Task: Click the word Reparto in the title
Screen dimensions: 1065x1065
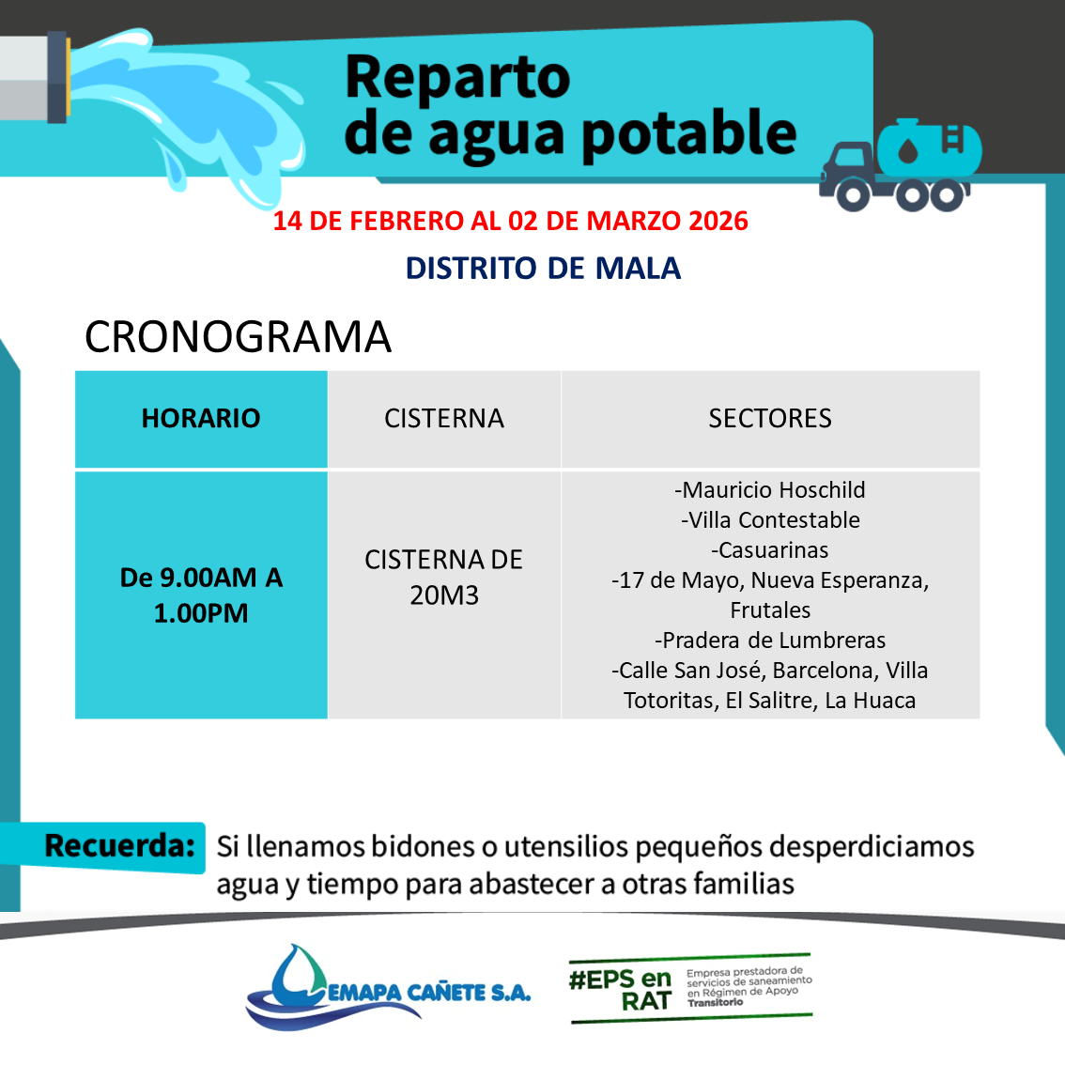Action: pyautogui.click(x=457, y=78)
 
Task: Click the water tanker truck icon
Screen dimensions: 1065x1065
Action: pyautogui.click(x=900, y=165)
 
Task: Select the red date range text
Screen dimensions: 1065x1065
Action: pyautogui.click(x=510, y=222)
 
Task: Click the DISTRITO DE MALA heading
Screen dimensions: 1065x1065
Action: pyautogui.click(x=543, y=269)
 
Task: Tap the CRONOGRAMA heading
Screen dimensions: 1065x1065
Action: pyautogui.click(x=238, y=337)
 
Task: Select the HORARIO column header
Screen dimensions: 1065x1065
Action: pyautogui.click(x=201, y=419)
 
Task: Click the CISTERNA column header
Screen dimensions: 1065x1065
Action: pyautogui.click(x=444, y=419)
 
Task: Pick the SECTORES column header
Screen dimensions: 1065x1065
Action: pyautogui.click(x=770, y=419)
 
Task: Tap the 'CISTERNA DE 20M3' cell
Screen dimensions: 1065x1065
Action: pyautogui.click(x=444, y=578)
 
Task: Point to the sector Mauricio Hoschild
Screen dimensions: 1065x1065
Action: pyautogui.click(x=770, y=489)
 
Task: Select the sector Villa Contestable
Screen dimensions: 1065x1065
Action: pyautogui.click(x=770, y=519)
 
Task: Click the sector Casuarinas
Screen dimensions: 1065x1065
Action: pyautogui.click(x=770, y=549)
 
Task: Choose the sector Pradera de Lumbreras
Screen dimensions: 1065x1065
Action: pyautogui.click(x=770, y=640)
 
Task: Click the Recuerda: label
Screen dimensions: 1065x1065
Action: pyautogui.click(x=119, y=846)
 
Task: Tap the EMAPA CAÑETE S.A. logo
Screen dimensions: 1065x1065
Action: pyautogui.click(x=388, y=987)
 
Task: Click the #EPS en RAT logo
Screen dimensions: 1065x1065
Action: pyautogui.click(x=691, y=988)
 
